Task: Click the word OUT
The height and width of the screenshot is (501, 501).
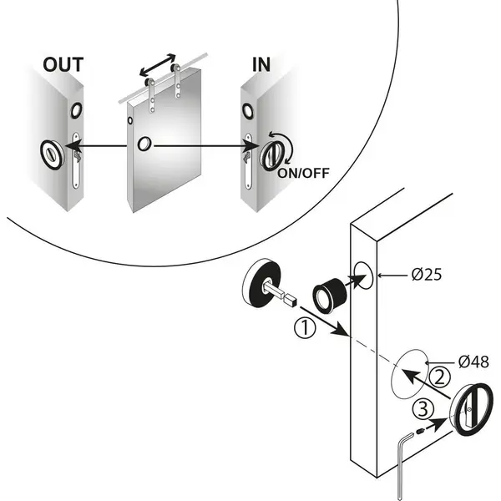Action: pos(63,64)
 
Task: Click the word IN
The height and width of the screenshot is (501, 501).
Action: pos(261,64)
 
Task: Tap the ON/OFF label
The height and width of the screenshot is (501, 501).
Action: pos(303,173)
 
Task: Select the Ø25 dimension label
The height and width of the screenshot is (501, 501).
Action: pos(427,275)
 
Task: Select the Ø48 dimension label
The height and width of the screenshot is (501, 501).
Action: pos(473,362)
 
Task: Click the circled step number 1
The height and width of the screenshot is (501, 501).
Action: pos(305,327)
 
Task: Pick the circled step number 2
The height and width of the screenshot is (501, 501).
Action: pos(440,377)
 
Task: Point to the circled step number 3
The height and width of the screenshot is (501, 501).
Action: pos(423,409)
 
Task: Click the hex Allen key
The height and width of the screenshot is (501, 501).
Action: pos(402,467)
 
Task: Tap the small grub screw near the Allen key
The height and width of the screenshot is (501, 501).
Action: pos(420,432)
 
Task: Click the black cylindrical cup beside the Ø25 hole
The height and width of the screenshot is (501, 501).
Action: pos(330,295)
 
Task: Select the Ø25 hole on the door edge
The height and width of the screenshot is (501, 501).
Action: pos(363,276)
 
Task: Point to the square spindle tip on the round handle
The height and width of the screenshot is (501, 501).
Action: pos(291,301)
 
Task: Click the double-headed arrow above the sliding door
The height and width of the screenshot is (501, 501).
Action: pos(158,65)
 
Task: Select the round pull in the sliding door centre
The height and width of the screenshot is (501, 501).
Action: pos(144,144)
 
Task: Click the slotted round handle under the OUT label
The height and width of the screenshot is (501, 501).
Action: pos(53,154)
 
